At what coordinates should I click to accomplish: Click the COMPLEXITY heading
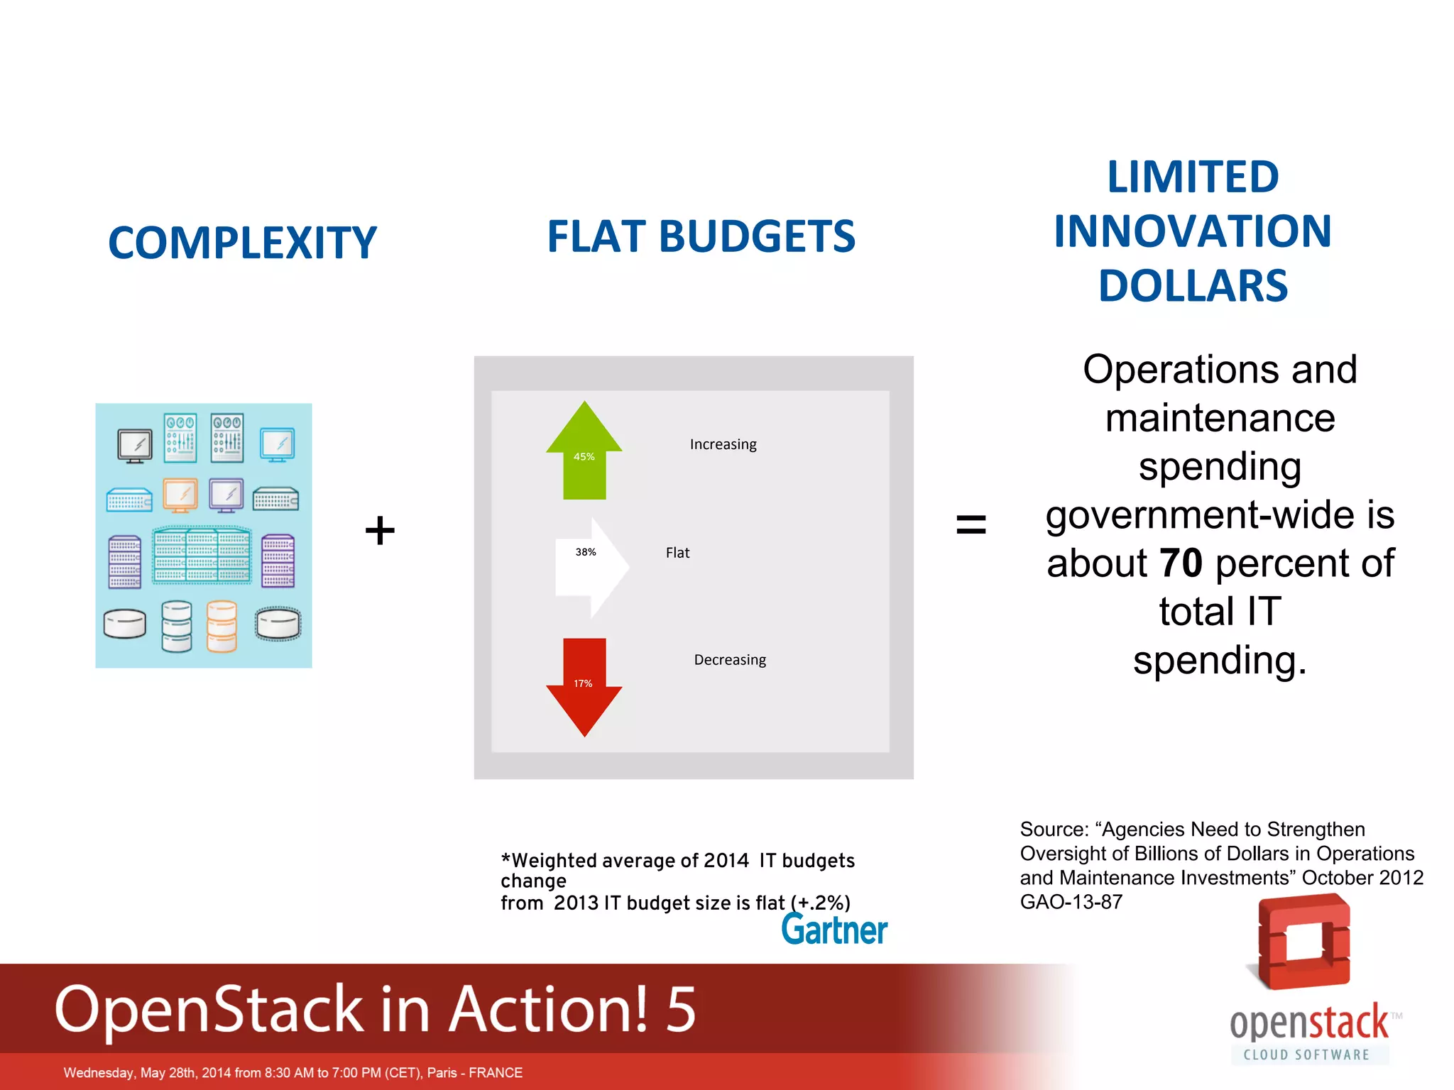click(x=242, y=243)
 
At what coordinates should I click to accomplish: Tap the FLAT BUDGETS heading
click(x=701, y=236)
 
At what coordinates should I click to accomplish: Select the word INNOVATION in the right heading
click(x=1192, y=231)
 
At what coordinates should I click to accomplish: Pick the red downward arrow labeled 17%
click(x=584, y=685)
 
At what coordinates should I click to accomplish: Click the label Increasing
click(x=723, y=444)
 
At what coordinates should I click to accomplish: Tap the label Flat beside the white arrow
click(x=677, y=553)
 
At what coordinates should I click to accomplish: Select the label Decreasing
click(x=730, y=660)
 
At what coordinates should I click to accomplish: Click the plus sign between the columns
click(x=380, y=530)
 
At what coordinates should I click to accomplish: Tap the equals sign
click(x=971, y=525)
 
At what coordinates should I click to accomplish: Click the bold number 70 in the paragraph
click(x=1181, y=563)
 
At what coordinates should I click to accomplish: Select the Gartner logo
click(x=834, y=930)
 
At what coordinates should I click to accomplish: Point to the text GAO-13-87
click(x=1071, y=902)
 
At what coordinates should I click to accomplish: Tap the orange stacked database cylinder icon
click(x=222, y=626)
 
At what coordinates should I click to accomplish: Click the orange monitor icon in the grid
click(x=180, y=494)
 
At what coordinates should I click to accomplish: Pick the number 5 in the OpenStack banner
click(x=680, y=1008)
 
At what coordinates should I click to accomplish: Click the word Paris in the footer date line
click(x=442, y=1072)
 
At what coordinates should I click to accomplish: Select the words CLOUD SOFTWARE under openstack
click(x=1306, y=1055)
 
